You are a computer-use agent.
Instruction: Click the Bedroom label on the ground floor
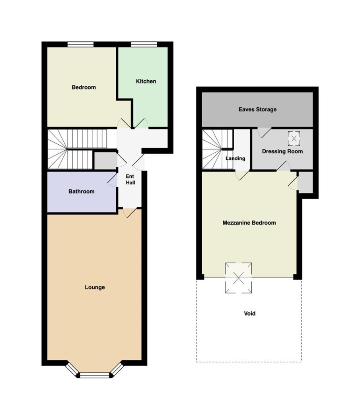[84, 87]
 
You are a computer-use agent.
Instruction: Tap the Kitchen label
[146, 81]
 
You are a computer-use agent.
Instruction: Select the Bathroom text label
[81, 192]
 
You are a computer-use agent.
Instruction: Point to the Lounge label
[95, 287]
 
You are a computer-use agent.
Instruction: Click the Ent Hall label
[130, 180]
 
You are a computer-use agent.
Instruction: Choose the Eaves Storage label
[257, 110]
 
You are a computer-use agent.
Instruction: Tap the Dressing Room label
[282, 151]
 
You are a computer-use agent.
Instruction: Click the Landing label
[235, 158]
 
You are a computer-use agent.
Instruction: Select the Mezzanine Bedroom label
[249, 223]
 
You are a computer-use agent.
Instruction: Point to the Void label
[249, 314]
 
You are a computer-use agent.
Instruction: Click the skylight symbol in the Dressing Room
[294, 138]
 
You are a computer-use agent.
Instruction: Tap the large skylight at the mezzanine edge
[238, 278]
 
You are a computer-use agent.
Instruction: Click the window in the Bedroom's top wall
[80, 45]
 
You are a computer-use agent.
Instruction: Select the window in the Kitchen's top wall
[144, 45]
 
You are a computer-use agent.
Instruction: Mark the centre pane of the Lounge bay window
[95, 375]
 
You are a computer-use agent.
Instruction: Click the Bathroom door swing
[113, 180]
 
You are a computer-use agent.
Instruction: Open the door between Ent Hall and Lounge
[130, 213]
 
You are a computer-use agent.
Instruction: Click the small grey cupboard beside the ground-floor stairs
[105, 161]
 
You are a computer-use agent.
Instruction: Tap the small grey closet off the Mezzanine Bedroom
[305, 182]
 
